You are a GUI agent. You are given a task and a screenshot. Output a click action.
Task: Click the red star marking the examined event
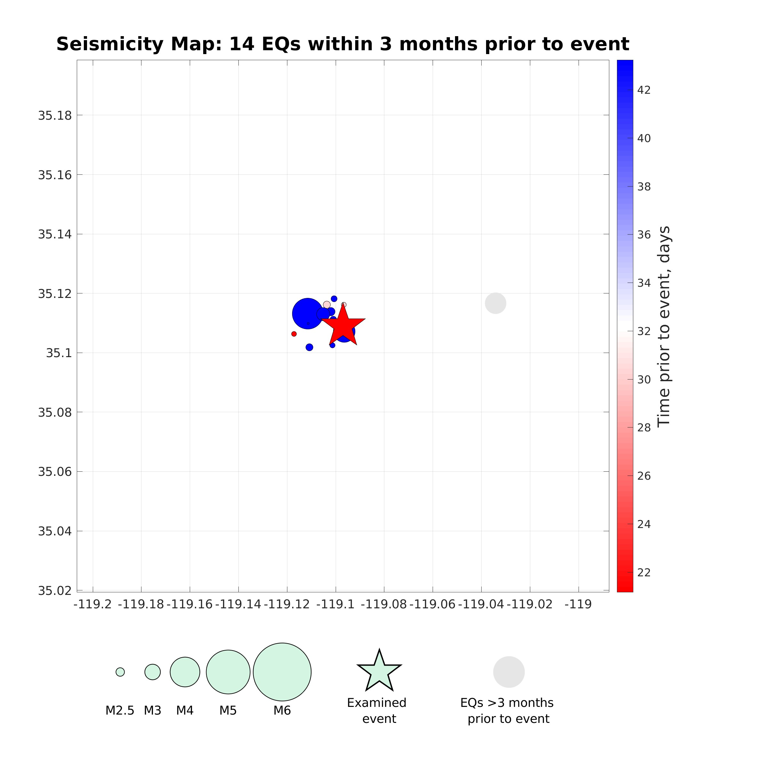[x=343, y=326]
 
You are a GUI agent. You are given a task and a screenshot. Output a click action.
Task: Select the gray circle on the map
[x=495, y=303]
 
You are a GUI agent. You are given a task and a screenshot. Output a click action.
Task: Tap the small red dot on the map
[x=294, y=334]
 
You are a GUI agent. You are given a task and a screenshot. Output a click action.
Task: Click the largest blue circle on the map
[x=307, y=313]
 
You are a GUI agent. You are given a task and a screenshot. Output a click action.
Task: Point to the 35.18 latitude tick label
[x=55, y=116]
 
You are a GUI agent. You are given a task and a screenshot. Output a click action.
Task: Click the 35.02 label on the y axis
[x=55, y=591]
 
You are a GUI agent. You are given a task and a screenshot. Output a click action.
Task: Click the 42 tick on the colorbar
[x=644, y=90]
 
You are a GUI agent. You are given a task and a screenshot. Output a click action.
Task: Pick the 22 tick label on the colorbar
[x=644, y=572]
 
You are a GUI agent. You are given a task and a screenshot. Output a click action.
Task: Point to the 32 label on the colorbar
[x=644, y=331]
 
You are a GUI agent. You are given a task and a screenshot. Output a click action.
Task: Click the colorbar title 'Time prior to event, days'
[x=664, y=326]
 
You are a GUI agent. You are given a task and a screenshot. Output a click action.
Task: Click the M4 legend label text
[x=185, y=710]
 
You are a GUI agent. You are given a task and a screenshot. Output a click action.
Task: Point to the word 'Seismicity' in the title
[x=110, y=44]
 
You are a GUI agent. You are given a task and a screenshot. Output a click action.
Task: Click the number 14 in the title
[x=242, y=44]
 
